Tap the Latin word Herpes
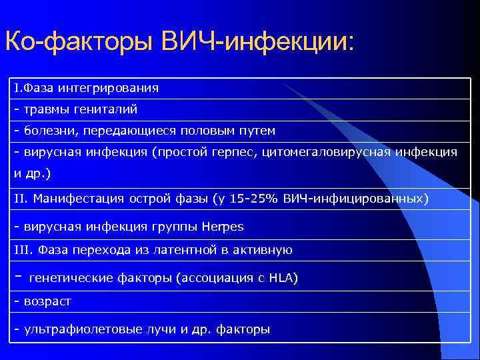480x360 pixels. click(x=223, y=227)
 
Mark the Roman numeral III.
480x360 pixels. click(x=23, y=251)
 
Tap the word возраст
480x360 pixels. click(x=47, y=301)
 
